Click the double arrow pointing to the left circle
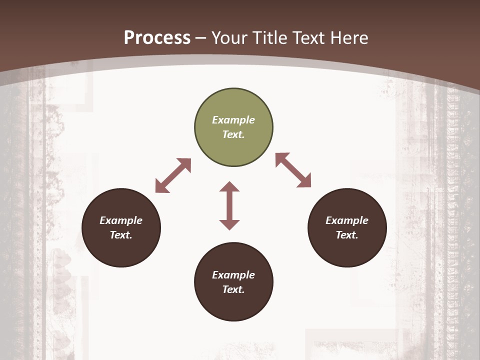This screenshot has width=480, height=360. (x=173, y=175)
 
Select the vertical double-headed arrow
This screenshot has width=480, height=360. (x=229, y=205)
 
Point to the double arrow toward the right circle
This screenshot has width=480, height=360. (x=293, y=170)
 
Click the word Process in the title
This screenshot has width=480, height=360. (x=157, y=37)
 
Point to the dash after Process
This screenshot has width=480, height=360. (x=201, y=38)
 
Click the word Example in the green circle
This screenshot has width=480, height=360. (x=233, y=120)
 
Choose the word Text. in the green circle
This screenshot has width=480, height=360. (x=233, y=134)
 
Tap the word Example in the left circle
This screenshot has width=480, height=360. (x=121, y=220)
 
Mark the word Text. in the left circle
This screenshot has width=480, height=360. (x=121, y=235)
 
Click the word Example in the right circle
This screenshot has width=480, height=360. (x=347, y=220)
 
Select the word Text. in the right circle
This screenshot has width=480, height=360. (x=347, y=235)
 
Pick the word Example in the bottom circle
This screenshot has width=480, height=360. (x=233, y=275)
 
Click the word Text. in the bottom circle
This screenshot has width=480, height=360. (x=233, y=289)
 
